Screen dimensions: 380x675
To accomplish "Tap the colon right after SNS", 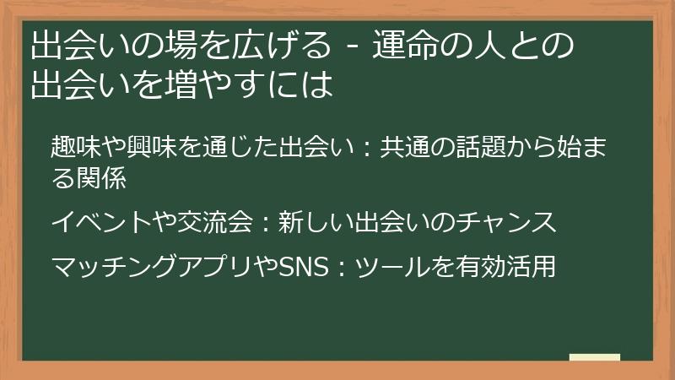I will (x=340, y=269).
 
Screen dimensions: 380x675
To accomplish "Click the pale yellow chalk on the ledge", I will (x=595, y=357).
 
